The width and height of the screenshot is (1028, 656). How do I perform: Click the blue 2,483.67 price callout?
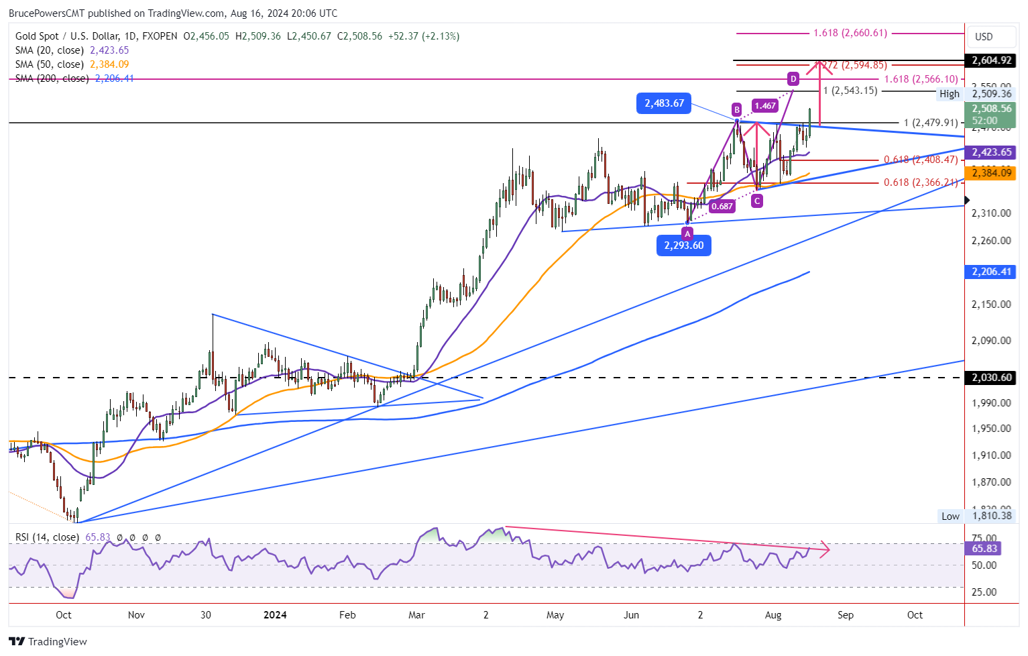pos(664,103)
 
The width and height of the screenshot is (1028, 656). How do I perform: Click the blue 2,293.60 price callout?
pos(684,245)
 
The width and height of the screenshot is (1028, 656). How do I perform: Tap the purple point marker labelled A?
pos(687,233)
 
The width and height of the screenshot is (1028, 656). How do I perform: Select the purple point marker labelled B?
pos(736,109)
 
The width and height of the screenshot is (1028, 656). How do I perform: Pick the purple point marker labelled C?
pos(757,201)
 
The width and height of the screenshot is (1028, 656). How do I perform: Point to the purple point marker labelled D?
pos(793,78)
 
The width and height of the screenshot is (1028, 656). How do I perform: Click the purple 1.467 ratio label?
pos(765,105)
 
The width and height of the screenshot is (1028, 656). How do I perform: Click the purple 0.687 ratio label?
pos(722,206)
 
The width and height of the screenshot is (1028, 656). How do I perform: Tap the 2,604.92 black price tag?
pos(991,60)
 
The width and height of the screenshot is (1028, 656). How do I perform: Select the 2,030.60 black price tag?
pos(991,378)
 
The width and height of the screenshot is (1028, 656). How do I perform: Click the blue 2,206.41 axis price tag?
pos(991,272)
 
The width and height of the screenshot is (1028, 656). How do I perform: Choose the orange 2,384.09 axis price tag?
pos(991,173)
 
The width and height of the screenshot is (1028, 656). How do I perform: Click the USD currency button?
pos(984,36)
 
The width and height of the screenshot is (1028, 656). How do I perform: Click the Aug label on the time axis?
pos(773,615)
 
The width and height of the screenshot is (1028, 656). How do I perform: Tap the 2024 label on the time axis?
pos(275,615)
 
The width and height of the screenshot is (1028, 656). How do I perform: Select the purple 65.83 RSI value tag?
pos(984,548)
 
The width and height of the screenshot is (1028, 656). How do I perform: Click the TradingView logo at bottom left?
pos(48,641)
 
